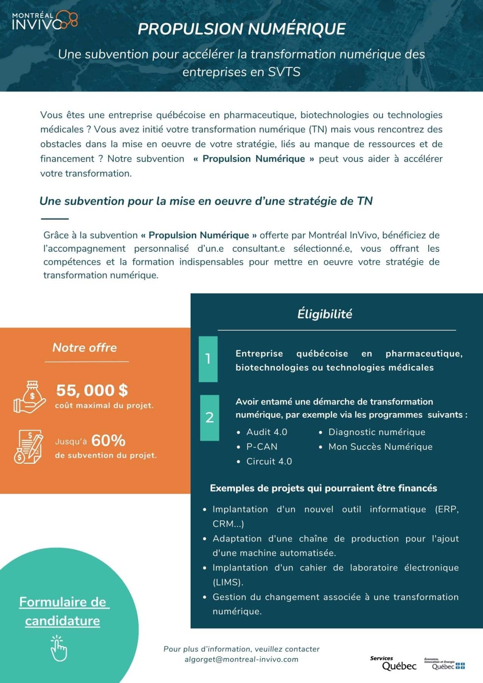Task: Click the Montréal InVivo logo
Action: pyautogui.click(x=45, y=20)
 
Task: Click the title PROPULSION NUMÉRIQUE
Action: pyautogui.click(x=241, y=29)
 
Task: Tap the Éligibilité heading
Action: pyautogui.click(x=325, y=314)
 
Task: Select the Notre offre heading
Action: pyautogui.click(x=85, y=348)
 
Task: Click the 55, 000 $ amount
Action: pyautogui.click(x=92, y=390)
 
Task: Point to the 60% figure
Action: pyautogui.click(x=108, y=440)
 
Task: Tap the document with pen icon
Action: pyautogui.click(x=28, y=446)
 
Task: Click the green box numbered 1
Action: pyautogui.click(x=208, y=359)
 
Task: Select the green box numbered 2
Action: pyautogui.click(x=209, y=418)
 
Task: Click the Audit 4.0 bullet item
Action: pyautogui.click(x=266, y=432)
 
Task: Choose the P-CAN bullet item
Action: pyautogui.click(x=261, y=447)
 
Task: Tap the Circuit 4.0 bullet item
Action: pyautogui.click(x=269, y=461)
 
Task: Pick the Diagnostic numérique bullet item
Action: pyautogui.click(x=377, y=432)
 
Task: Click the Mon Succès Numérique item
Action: pyautogui.click(x=380, y=447)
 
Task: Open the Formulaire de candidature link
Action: pyautogui.click(x=63, y=611)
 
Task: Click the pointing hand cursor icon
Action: pyautogui.click(x=58, y=648)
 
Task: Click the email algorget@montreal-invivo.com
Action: pyautogui.click(x=241, y=659)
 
